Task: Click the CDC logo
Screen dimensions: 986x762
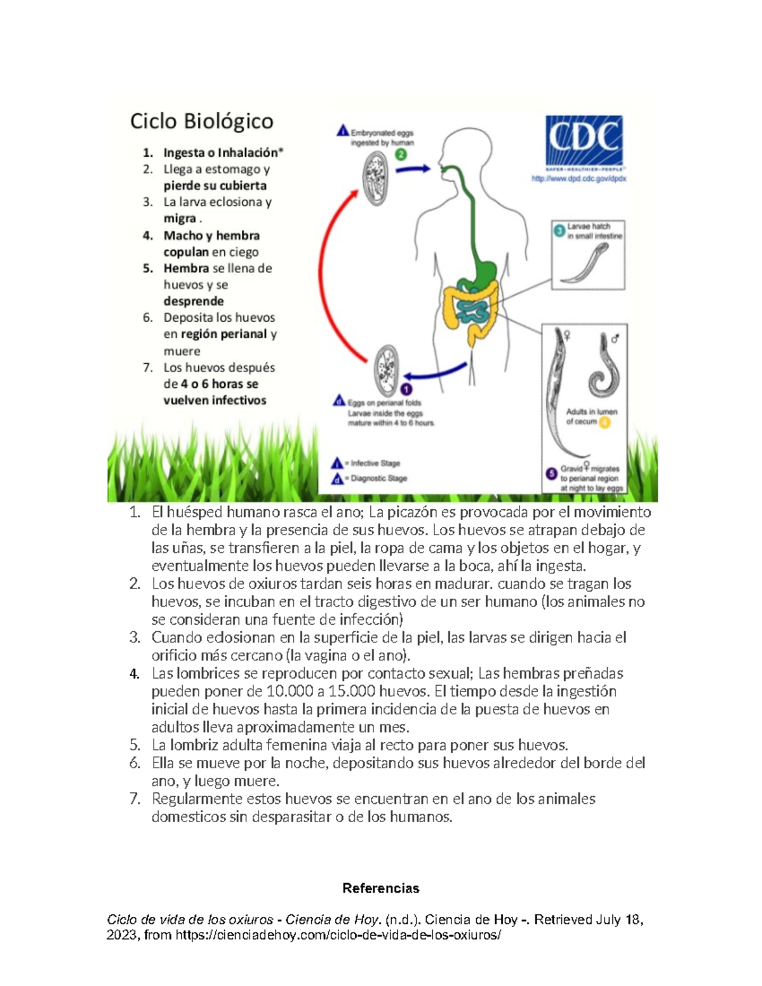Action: pos(584,140)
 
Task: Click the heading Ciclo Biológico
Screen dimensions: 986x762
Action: pos(201,121)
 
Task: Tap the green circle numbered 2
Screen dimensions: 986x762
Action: pos(401,154)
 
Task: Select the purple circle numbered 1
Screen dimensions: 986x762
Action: pos(406,389)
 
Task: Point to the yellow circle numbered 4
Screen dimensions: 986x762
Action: pos(604,422)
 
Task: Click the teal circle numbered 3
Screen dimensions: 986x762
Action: pos(559,231)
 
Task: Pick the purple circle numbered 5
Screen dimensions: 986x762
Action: pos(552,473)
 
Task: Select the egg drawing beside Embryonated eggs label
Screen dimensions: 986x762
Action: pos(375,178)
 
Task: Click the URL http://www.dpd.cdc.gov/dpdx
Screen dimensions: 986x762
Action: pos(578,179)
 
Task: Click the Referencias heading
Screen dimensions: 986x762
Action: pos(380,888)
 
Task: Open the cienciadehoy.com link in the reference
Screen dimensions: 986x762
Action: pos(338,935)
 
